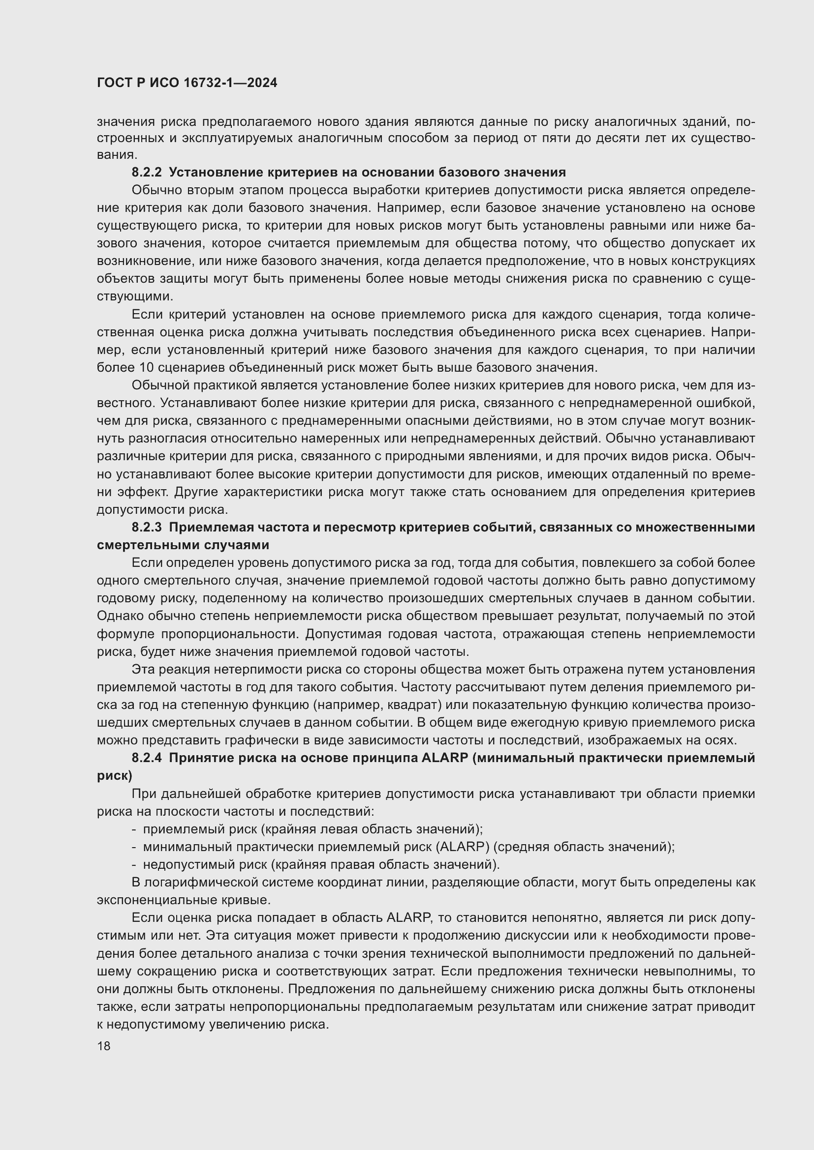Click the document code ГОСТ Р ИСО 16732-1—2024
tap(187, 83)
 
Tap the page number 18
tap(104, 1046)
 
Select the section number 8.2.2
tap(146, 173)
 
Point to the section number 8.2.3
tap(146, 528)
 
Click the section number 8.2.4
tap(146, 758)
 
